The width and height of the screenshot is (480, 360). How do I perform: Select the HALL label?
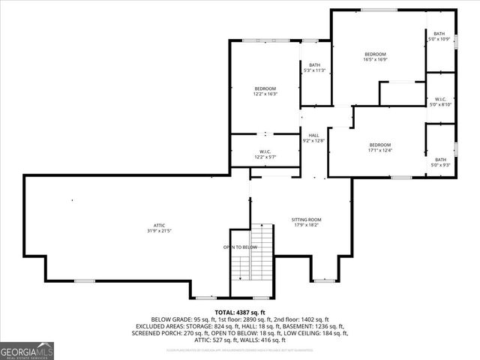click(x=313, y=135)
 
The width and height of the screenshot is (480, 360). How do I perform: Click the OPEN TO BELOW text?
click(x=240, y=247)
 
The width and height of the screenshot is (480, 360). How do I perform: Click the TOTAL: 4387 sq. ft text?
click(x=240, y=312)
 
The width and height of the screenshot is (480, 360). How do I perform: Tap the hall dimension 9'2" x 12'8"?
click(x=313, y=140)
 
